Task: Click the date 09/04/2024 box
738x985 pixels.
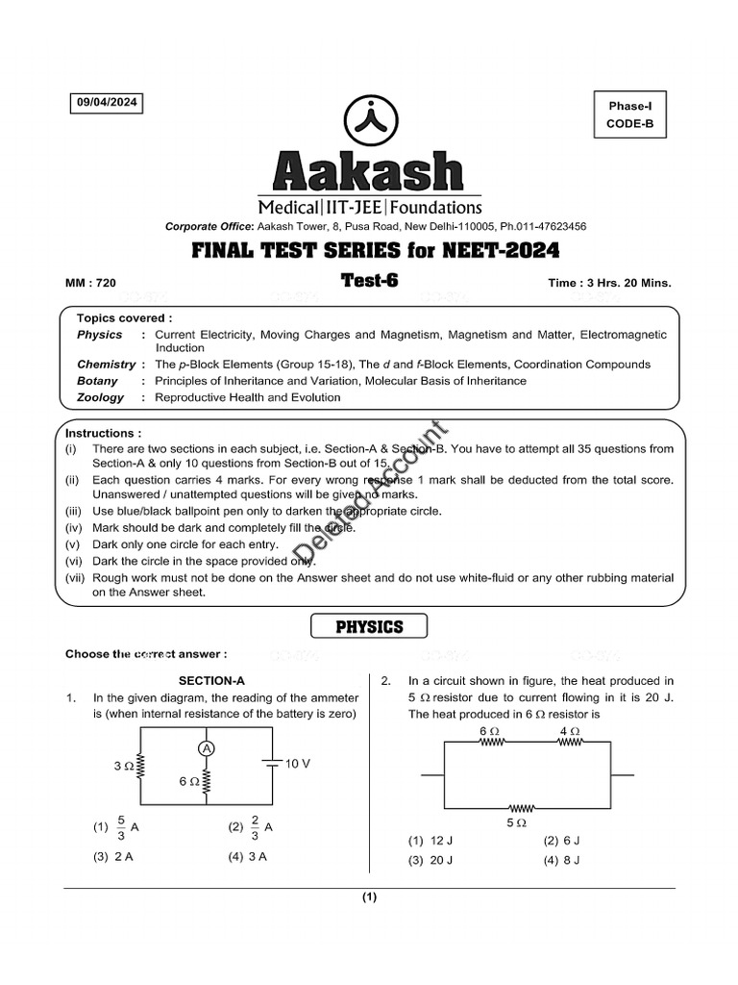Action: [106, 103]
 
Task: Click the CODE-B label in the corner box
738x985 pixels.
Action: [629, 123]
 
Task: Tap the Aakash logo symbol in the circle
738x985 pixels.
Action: [369, 118]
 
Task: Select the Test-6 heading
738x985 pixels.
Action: [369, 280]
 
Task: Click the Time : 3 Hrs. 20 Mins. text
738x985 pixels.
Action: [609, 283]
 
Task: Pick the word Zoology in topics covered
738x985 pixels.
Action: [101, 397]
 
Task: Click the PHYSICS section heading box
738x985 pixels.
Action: [369, 627]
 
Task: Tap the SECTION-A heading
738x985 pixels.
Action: [218, 681]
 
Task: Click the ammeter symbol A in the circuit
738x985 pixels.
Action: [206, 748]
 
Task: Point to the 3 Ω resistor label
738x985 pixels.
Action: [123, 767]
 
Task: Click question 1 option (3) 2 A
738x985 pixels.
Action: [113, 857]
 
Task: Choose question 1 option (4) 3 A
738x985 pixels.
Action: [247, 857]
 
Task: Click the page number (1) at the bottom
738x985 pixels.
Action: [369, 898]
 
